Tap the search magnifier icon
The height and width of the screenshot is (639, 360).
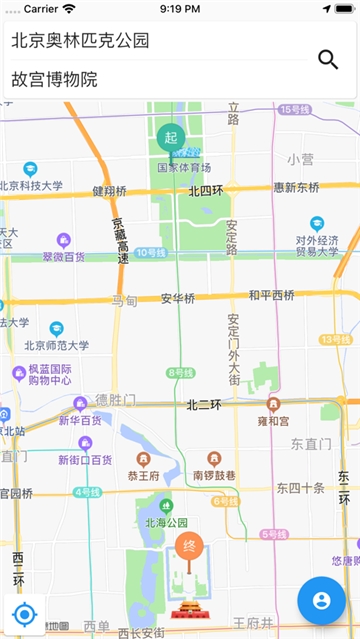(328, 59)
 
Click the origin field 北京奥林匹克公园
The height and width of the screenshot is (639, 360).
(80, 41)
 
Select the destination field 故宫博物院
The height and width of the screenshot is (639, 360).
(55, 79)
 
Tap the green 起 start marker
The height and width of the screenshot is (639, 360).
(170, 137)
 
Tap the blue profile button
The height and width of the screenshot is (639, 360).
(321, 600)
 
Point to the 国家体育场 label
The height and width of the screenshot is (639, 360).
(183, 167)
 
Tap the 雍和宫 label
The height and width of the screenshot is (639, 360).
(272, 421)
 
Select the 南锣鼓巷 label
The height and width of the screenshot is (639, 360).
(213, 475)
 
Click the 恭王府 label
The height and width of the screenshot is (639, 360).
(143, 476)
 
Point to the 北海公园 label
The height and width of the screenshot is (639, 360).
(166, 522)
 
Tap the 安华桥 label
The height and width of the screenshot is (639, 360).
(178, 298)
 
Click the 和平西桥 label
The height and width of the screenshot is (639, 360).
(271, 295)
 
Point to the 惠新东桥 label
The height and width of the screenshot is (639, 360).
(296, 187)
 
